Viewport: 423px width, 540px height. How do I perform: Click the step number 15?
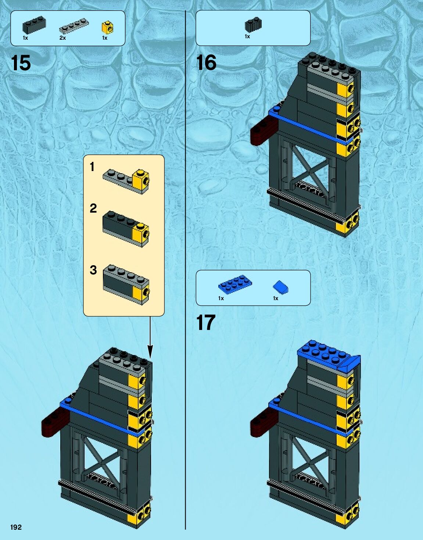point(21,63)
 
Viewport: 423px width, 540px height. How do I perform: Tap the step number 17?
point(205,323)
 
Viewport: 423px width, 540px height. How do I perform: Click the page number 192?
point(16,527)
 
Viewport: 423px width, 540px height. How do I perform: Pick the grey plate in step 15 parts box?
point(74,26)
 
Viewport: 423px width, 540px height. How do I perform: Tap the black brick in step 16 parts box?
point(253,25)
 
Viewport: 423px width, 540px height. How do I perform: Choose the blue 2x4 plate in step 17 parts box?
point(235,285)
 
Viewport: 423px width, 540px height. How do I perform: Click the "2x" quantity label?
point(62,38)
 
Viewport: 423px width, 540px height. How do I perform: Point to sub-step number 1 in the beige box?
point(92,167)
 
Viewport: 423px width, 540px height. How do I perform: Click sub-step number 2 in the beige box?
point(93,209)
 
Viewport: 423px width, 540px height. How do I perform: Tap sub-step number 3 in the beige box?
point(93,270)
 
